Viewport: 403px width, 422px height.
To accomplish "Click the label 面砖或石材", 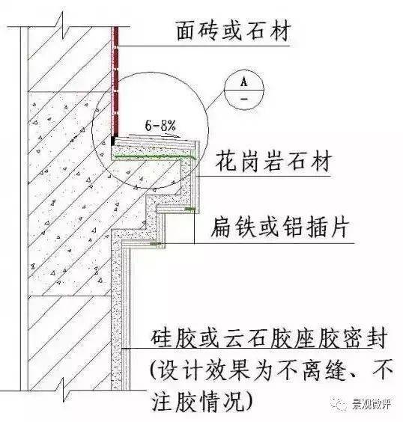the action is tap(234, 31).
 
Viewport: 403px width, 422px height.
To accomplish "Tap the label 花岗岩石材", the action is tap(273, 161).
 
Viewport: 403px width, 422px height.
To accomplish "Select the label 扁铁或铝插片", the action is tap(279, 227).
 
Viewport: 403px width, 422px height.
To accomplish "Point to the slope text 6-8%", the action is tap(160, 126).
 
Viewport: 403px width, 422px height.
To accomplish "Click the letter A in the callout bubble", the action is tap(243, 81).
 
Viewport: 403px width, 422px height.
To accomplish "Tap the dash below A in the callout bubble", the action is tap(244, 99).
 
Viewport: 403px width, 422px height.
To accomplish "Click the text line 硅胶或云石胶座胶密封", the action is tap(269, 337).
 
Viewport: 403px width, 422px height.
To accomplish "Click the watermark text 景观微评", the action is tap(372, 404).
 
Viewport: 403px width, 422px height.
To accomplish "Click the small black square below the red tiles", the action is tap(113, 141).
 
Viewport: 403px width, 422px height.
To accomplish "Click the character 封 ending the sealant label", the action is tap(377, 337).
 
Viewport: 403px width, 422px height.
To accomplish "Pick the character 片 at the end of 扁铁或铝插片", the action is tap(339, 227).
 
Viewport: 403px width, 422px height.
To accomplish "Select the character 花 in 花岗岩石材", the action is tap(226, 161).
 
